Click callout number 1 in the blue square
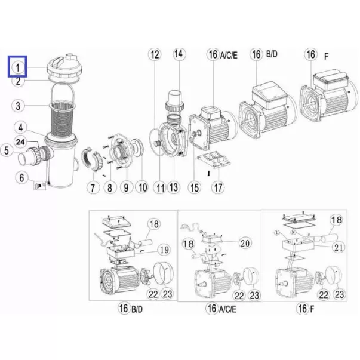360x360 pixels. (18, 67)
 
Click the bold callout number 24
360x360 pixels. (20, 142)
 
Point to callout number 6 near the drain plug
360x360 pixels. (21, 178)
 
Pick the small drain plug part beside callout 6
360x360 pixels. (40, 185)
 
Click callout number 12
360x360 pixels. (155, 55)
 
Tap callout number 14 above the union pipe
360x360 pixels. (179, 54)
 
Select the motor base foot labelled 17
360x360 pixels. (214, 159)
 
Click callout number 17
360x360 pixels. (218, 187)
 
